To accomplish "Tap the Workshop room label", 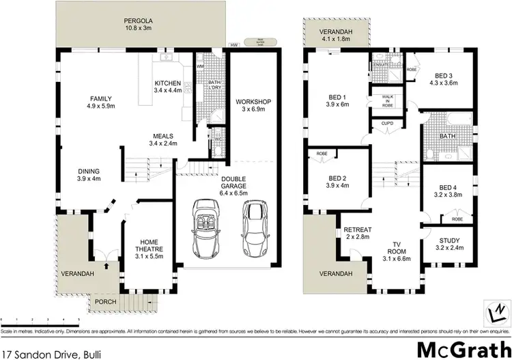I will (253, 102).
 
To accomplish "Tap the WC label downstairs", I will (217, 140).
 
